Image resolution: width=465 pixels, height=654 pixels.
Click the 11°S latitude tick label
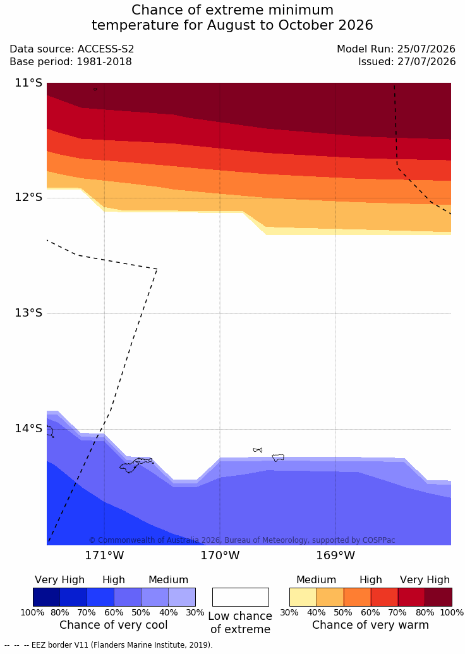point(29,83)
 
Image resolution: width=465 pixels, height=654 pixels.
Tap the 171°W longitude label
point(105,555)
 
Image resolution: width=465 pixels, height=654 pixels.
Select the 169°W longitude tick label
point(335,555)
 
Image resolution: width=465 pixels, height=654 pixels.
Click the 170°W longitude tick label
point(220,555)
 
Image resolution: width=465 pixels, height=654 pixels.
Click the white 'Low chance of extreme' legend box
point(241,597)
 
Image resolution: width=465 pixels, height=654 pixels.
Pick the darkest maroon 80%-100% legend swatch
point(438,597)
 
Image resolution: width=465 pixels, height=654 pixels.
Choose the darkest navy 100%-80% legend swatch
point(46,597)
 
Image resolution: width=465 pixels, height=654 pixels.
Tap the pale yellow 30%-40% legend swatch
point(303,597)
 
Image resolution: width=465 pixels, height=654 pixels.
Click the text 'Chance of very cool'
point(114,625)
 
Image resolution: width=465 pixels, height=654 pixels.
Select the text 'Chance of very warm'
point(370,625)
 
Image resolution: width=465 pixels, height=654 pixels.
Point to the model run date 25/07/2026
point(426,49)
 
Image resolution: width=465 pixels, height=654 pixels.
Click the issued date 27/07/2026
point(426,62)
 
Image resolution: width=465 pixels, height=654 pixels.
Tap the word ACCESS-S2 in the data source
point(106,49)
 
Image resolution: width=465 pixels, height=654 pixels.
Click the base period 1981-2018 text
point(104,62)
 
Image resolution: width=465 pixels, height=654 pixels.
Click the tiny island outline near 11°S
point(95,89)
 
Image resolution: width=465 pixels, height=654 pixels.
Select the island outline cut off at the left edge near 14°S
point(50,432)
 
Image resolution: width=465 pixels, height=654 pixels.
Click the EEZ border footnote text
point(109,645)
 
